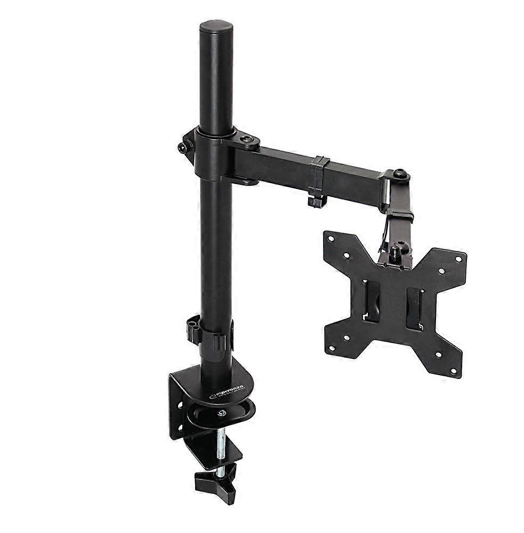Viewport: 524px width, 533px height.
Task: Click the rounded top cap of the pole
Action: pos(216,27)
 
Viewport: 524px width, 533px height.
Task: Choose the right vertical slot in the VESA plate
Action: pos(415,309)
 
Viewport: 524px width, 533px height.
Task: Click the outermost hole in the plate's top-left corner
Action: pos(332,240)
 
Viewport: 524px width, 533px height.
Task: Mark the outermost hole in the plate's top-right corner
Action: pos(457,259)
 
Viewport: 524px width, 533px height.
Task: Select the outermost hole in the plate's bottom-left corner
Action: pos(332,349)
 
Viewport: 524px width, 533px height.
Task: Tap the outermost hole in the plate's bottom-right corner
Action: pos(454,371)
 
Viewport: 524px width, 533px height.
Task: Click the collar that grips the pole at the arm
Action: pos(211,155)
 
